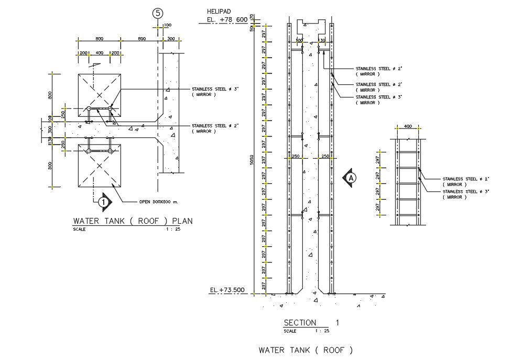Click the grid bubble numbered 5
click(x=157, y=14)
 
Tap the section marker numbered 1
click(x=104, y=201)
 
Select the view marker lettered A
click(x=351, y=178)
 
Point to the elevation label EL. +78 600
click(x=227, y=20)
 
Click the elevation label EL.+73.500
click(x=227, y=290)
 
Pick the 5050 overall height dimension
click(x=252, y=160)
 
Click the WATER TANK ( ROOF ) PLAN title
click(x=133, y=221)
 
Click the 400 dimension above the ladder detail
click(x=408, y=127)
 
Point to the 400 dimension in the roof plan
click(x=99, y=53)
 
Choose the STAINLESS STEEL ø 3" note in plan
click(x=215, y=89)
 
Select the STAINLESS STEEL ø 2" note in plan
click(x=215, y=126)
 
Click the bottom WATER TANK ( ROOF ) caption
click(x=306, y=350)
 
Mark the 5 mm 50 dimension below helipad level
click(x=252, y=29)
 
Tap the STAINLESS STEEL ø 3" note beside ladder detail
click(x=466, y=192)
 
